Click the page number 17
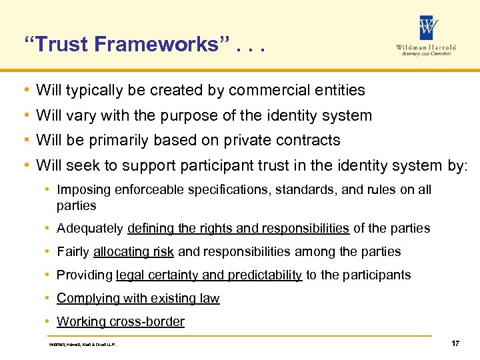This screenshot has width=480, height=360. click(455, 343)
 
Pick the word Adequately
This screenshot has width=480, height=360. click(90, 229)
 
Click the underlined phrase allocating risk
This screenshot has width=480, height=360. click(134, 252)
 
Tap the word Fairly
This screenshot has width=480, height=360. click(73, 252)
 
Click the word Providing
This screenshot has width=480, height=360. click(85, 275)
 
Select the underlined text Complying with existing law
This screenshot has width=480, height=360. click(138, 299)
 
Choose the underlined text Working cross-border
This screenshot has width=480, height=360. click(121, 322)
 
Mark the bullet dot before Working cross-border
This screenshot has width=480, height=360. click(49, 322)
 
